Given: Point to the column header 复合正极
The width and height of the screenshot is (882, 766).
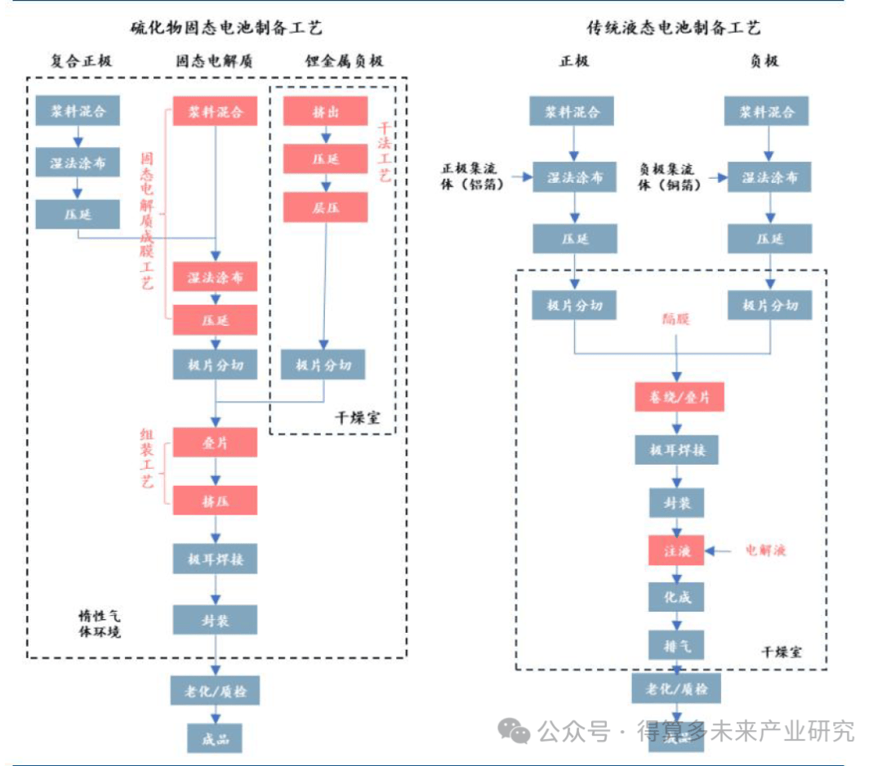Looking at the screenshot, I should (81, 61).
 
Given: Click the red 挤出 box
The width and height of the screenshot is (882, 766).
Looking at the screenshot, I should (325, 111).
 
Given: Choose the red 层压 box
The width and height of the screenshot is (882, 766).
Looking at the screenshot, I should (325, 207).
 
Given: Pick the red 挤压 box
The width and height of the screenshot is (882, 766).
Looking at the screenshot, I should (215, 501).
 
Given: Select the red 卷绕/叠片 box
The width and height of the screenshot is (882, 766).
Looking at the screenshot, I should (679, 398).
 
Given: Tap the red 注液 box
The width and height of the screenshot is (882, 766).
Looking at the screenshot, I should (676, 551).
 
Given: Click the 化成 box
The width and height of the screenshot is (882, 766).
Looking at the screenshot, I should (676, 598).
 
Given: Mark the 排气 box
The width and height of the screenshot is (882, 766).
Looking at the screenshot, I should (676, 645).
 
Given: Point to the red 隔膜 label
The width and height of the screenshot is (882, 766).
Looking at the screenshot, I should (676, 319).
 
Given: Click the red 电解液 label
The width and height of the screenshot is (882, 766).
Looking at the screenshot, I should (765, 551).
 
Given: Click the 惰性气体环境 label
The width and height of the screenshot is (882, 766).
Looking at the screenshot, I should (99, 625).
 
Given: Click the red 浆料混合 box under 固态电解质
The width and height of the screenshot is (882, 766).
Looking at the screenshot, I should (215, 111).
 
